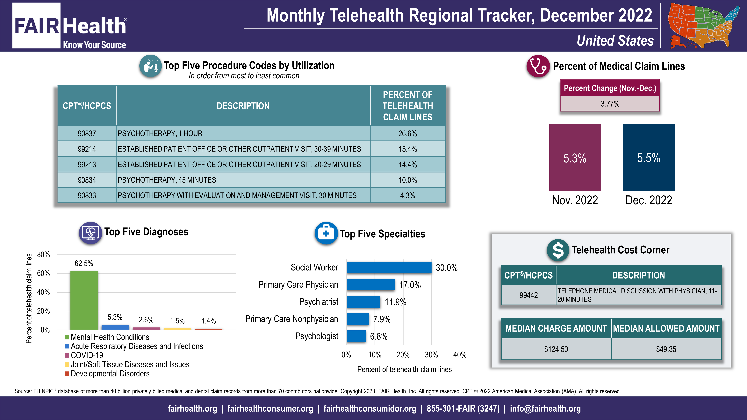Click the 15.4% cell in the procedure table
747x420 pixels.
click(407, 149)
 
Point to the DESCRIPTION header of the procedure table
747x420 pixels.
click(243, 106)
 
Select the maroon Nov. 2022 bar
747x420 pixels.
click(575, 157)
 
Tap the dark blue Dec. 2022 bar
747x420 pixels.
click(649, 157)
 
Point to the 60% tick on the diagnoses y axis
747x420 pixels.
click(44, 273)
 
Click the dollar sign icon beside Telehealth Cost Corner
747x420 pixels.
click(558, 250)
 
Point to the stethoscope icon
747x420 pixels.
click(538, 66)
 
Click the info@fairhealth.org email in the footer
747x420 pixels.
click(545, 408)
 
